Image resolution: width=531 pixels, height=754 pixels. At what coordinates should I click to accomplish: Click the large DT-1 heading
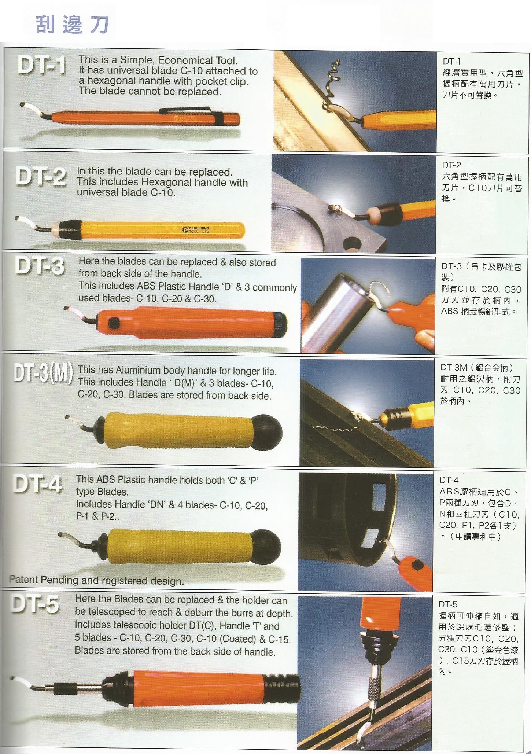tap(42, 66)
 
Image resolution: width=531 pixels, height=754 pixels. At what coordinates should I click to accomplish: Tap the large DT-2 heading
tap(41, 176)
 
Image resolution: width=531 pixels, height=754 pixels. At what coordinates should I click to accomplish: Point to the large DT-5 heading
tap(35, 604)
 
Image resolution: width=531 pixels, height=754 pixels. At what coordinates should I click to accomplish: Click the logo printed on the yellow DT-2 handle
tap(196, 229)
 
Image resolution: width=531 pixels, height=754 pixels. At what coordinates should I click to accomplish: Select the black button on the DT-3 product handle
tap(114, 323)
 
